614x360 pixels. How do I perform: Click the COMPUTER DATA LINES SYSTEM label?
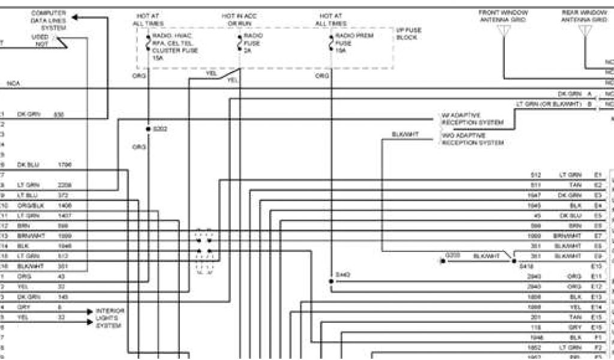(x=49, y=20)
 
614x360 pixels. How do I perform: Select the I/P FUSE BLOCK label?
(x=409, y=34)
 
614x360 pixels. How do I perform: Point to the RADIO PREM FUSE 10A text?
(x=354, y=43)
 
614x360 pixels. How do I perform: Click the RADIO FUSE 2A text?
(x=253, y=43)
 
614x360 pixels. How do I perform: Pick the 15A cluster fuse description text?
(x=175, y=47)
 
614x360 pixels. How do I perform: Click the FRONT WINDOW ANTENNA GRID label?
(x=502, y=16)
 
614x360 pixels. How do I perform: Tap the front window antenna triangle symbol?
(x=502, y=31)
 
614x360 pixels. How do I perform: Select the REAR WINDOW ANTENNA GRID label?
(x=584, y=16)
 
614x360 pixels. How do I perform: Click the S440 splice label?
(x=343, y=275)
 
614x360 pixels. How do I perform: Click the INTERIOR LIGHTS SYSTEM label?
(x=110, y=318)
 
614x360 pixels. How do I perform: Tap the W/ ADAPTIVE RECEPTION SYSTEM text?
(x=472, y=119)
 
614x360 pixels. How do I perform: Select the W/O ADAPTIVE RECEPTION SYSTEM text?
(x=472, y=139)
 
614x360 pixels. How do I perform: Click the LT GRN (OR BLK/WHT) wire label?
(x=549, y=104)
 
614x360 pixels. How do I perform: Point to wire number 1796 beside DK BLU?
(x=65, y=164)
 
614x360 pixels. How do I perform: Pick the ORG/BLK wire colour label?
(x=28, y=205)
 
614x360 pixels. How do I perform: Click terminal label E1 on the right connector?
(x=597, y=175)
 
